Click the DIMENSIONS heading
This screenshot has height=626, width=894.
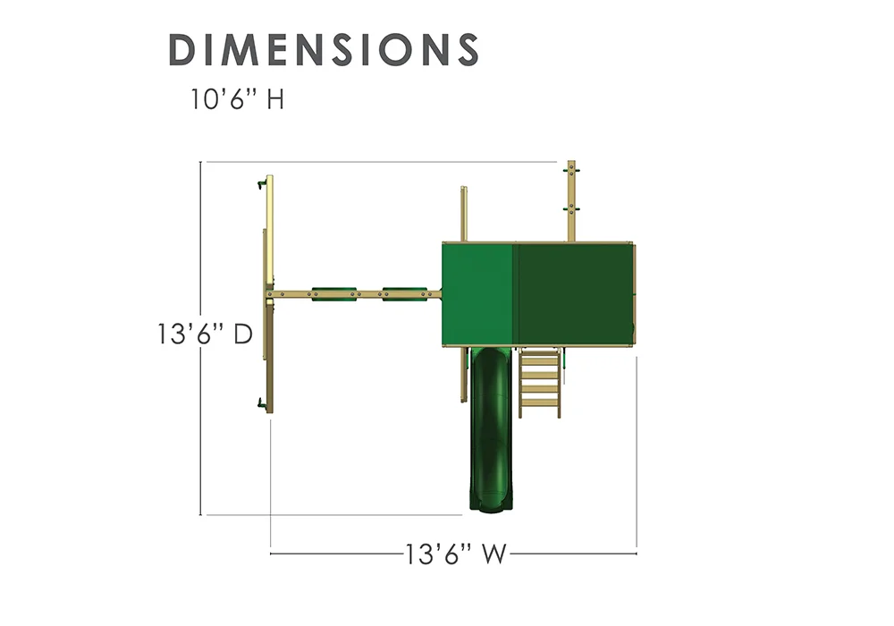click(324, 49)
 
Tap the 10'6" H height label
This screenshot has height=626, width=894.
click(237, 99)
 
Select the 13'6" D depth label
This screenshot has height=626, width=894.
click(205, 334)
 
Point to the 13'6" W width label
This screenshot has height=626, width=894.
click(456, 554)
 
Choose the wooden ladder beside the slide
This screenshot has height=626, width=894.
click(539, 382)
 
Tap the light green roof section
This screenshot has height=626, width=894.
click(479, 293)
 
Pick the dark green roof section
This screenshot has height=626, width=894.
click(575, 293)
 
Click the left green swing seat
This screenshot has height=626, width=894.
click(334, 294)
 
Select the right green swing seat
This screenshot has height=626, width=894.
click(405, 294)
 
